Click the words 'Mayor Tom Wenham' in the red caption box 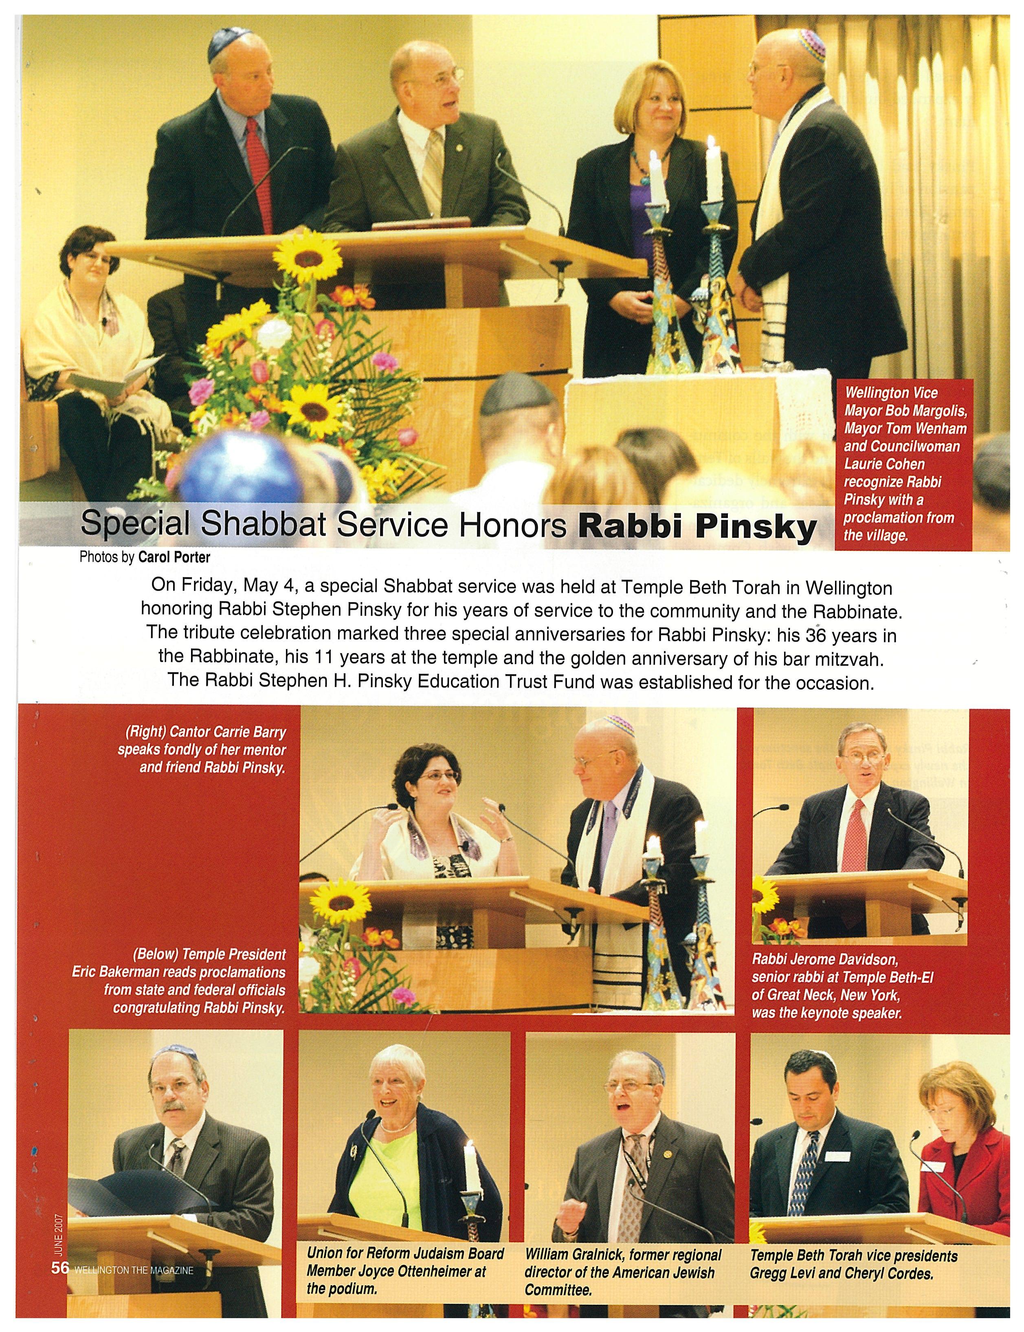click(905, 429)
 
